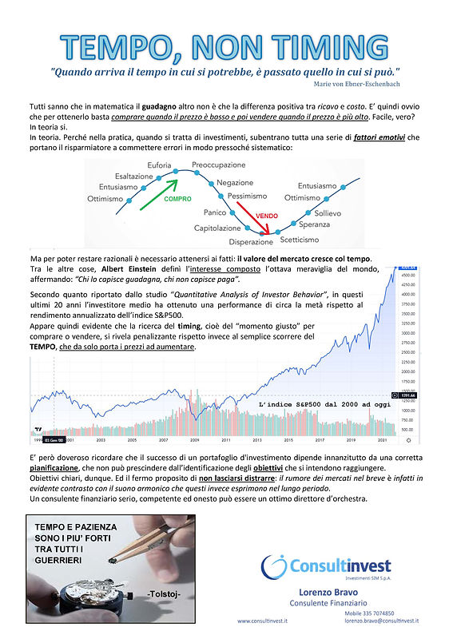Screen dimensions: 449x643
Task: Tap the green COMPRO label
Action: [177, 199]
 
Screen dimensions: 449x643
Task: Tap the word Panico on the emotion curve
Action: [216, 213]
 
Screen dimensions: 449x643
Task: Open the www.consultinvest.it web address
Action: [267, 620]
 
